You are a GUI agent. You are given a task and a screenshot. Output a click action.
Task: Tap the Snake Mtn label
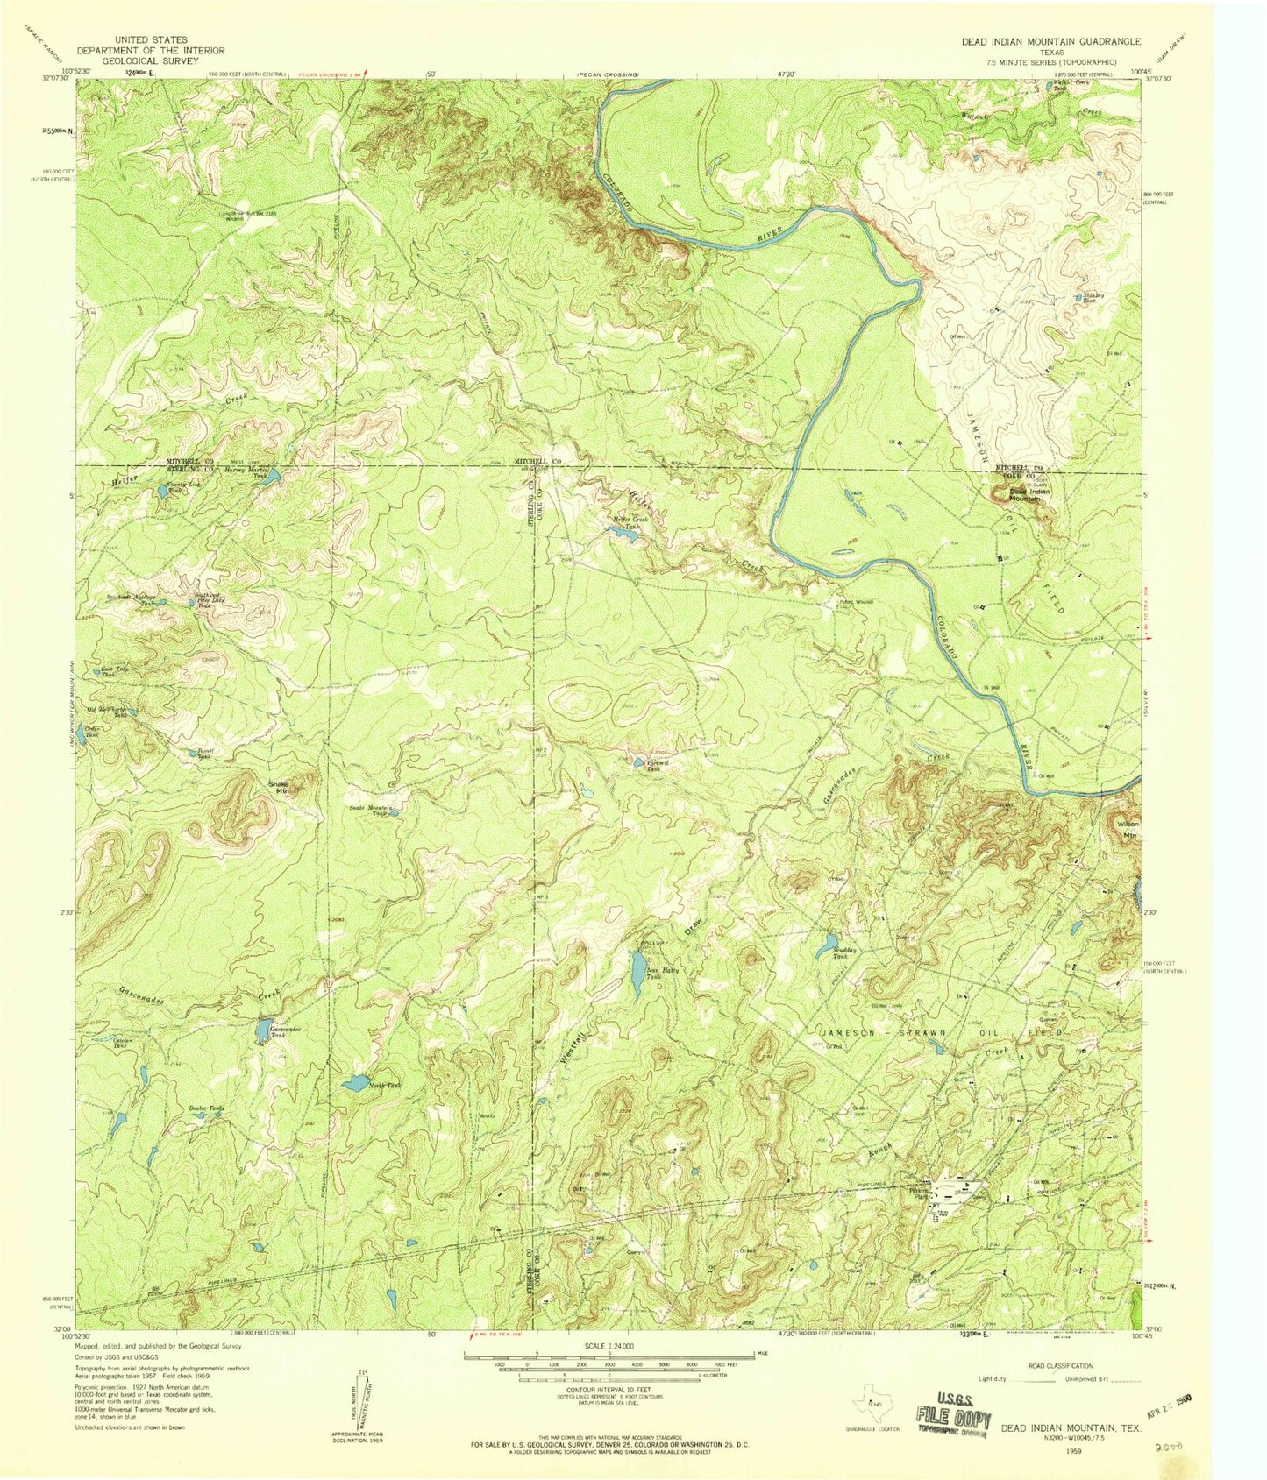(279, 785)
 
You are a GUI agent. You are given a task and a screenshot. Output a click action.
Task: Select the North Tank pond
(357, 1084)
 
